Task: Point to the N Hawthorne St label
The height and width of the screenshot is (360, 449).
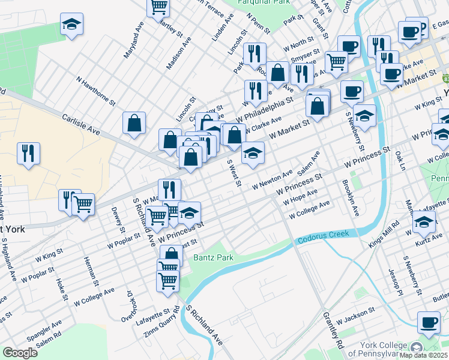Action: pyautogui.click(x=95, y=89)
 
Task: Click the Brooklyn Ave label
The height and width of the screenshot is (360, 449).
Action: pyautogui.click(x=350, y=198)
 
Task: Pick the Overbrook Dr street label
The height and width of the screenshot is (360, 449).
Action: pyautogui.click(x=127, y=305)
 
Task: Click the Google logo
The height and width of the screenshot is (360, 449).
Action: pyautogui.click(x=20, y=352)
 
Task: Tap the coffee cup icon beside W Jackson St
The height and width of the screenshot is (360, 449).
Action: pyautogui.click(x=428, y=323)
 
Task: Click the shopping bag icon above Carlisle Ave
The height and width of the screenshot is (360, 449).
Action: pyautogui.click(x=134, y=122)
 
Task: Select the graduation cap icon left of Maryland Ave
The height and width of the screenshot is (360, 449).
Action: pyautogui.click(x=71, y=25)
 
